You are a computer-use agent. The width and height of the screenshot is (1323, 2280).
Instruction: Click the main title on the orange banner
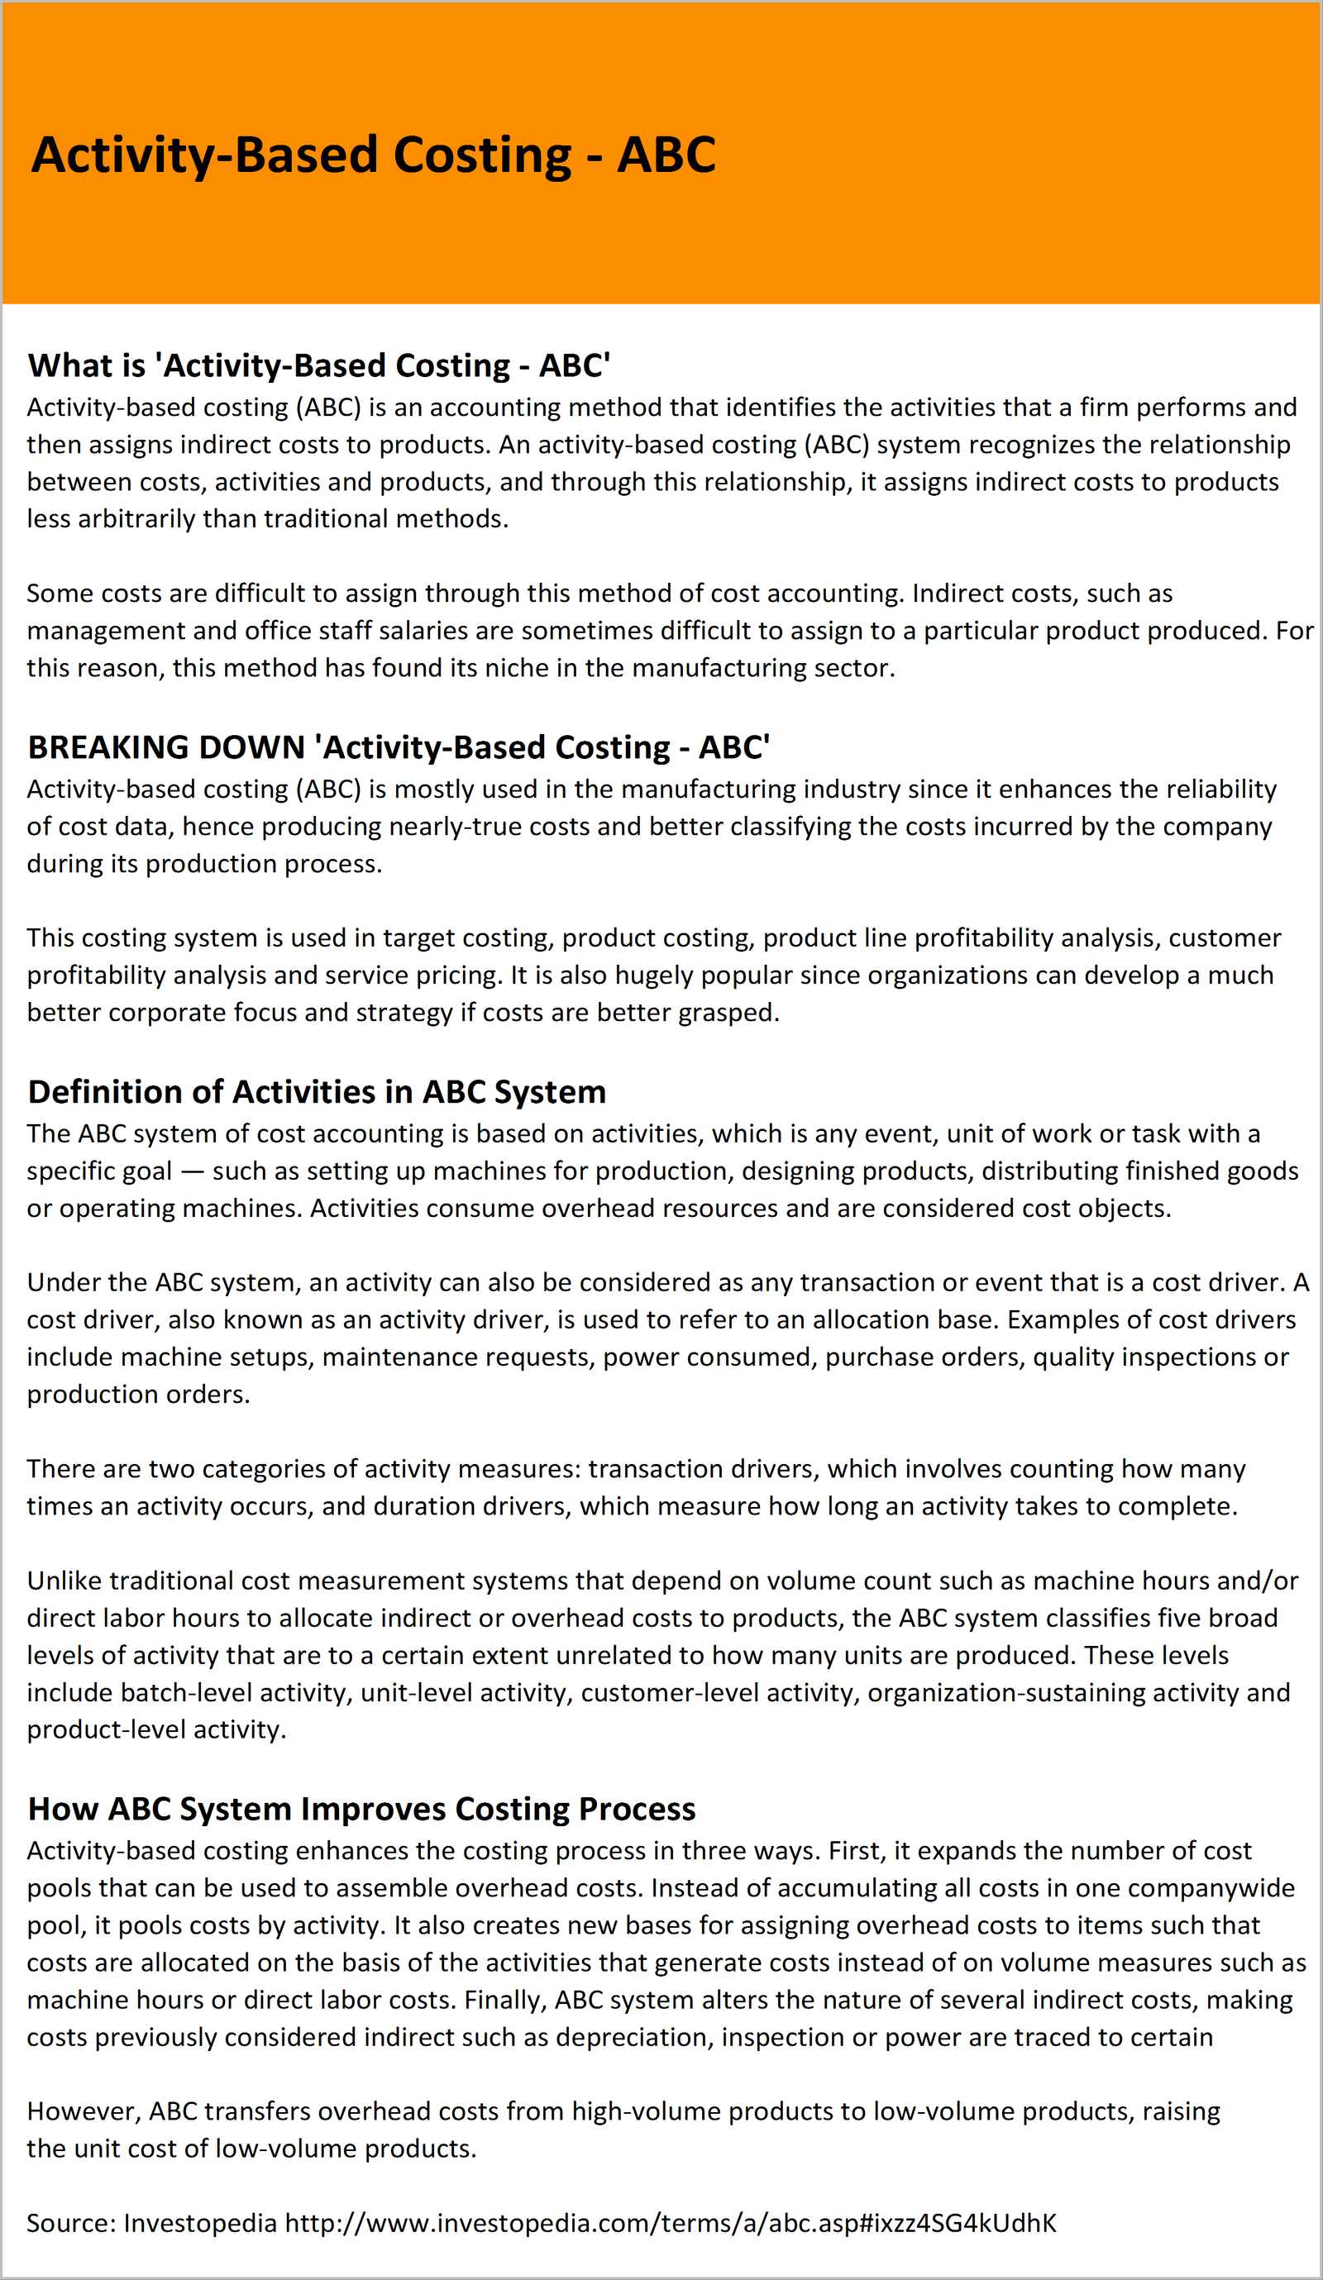click(373, 155)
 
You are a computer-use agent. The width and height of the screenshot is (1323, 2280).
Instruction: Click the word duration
click(414, 1506)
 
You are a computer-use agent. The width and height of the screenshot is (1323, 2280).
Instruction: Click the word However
click(84, 2111)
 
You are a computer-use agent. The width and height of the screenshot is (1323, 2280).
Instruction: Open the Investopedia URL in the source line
click(671, 2223)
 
